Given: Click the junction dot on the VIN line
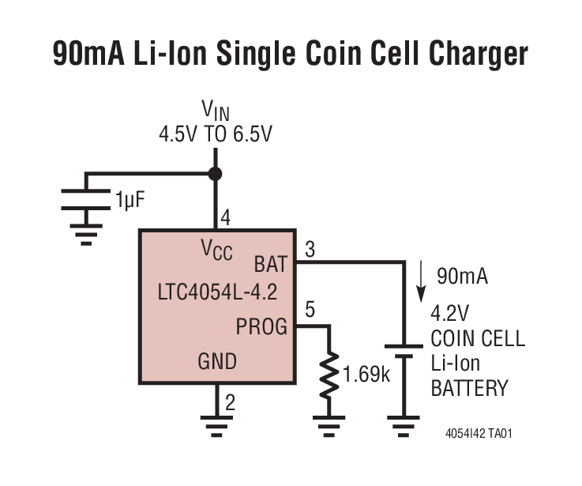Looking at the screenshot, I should [x=215, y=174].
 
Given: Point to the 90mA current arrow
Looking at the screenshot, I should [x=422, y=277].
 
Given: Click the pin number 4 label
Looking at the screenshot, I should [x=226, y=219].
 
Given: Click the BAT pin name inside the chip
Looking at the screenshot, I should [x=270, y=264].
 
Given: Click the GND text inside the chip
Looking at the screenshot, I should [x=216, y=361].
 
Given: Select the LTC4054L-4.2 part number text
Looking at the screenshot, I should [x=217, y=294].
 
